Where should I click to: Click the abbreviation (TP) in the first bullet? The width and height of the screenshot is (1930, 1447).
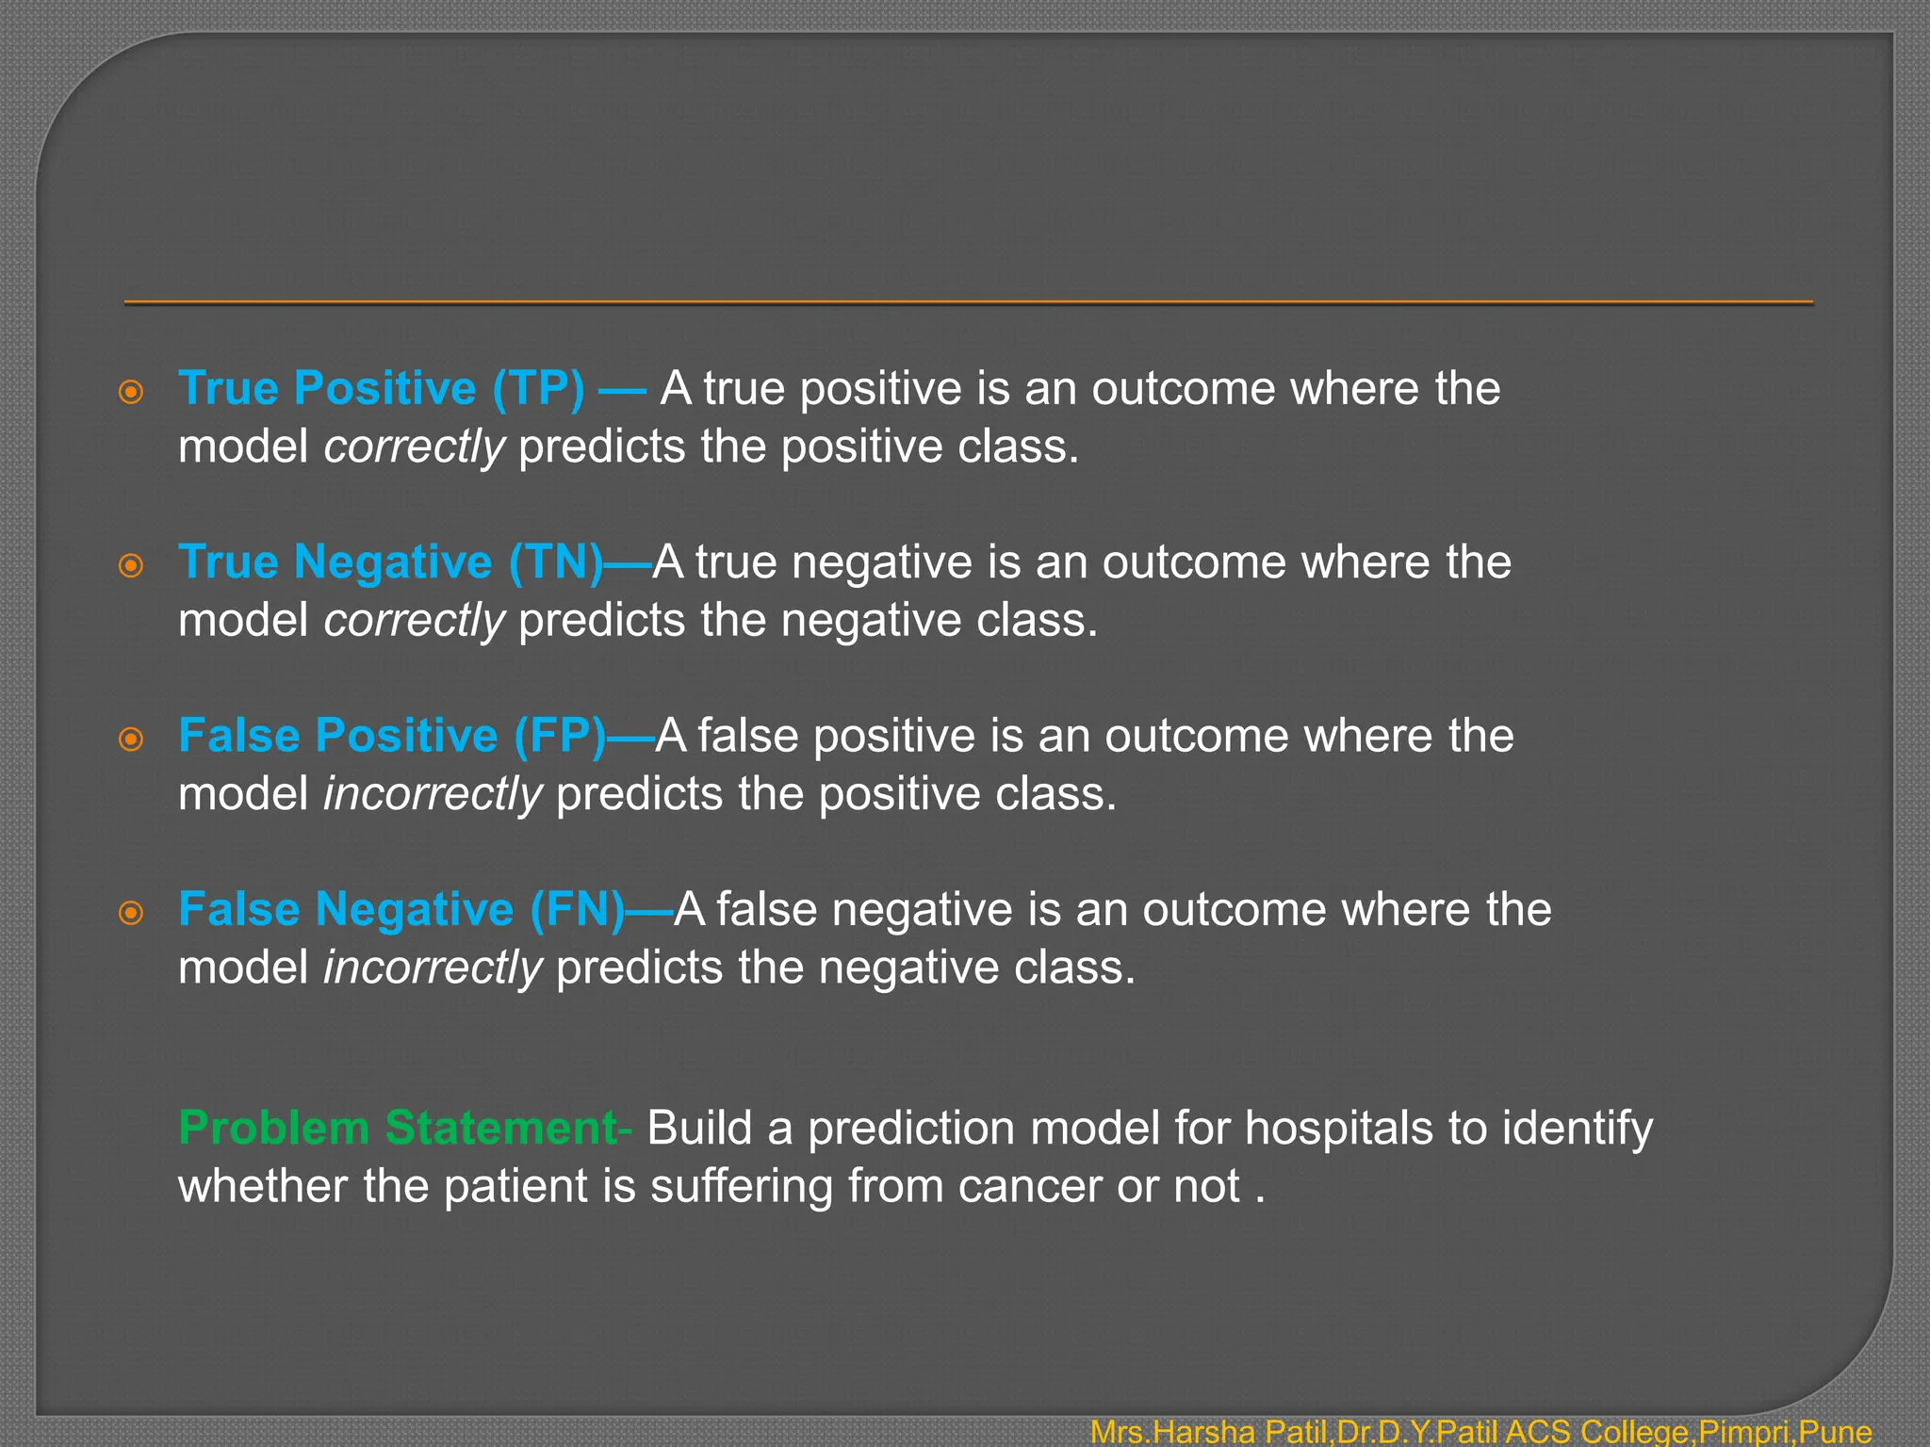[538, 389]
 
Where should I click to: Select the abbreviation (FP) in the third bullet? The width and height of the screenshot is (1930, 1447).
[560, 736]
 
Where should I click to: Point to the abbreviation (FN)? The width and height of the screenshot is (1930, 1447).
[578, 910]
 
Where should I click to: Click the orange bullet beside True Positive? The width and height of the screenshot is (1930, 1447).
[131, 392]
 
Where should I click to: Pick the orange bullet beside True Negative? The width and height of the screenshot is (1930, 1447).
[131, 565]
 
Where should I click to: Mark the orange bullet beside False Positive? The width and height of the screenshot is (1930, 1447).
[131, 739]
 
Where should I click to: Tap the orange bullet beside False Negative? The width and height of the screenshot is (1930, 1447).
[131, 913]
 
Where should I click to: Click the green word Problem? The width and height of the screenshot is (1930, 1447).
[273, 1129]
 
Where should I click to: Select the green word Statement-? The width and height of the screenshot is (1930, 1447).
[509, 1129]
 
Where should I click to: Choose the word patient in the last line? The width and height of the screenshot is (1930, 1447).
[515, 1186]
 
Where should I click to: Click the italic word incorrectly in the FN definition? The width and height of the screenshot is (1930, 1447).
[433, 968]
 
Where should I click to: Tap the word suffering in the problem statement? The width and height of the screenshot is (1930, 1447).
[742, 1186]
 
